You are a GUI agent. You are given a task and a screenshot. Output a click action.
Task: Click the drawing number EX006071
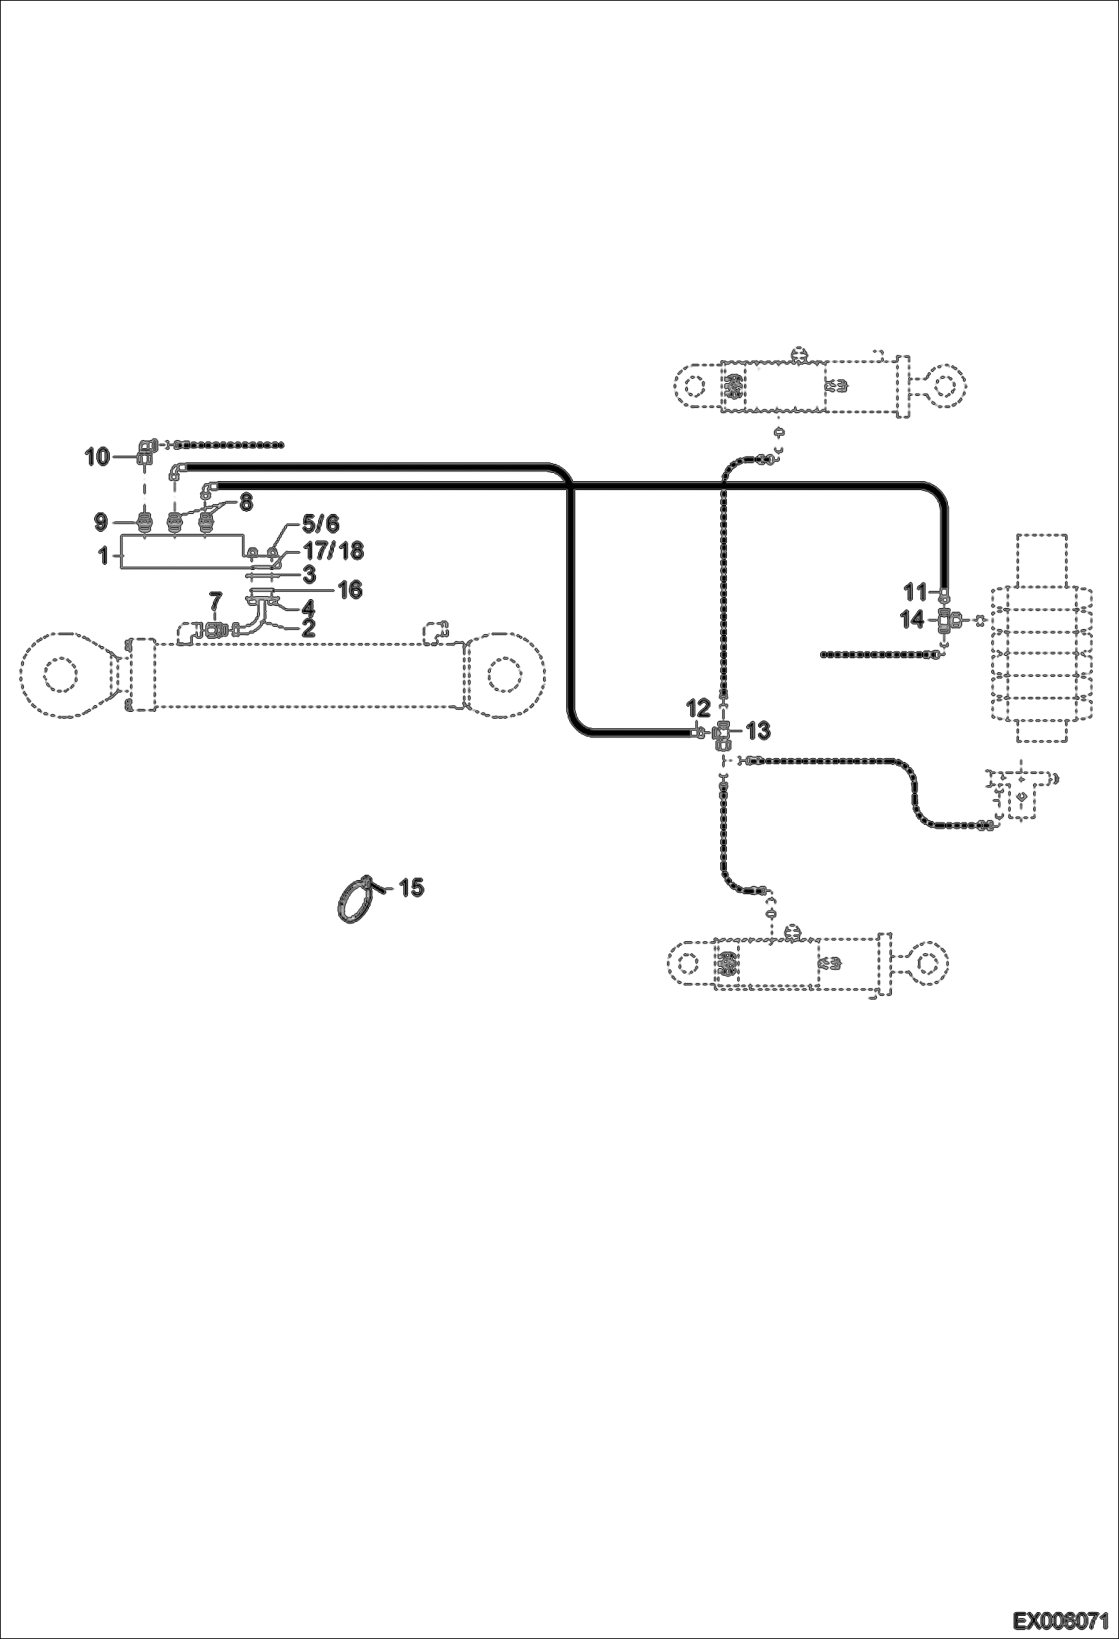pyautogui.click(x=1060, y=1620)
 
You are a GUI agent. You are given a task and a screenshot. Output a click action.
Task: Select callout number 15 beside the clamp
pyautogui.click(x=411, y=887)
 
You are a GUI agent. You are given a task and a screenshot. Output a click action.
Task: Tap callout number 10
pyautogui.click(x=97, y=456)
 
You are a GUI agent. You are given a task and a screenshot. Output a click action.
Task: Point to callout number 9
pyautogui.click(x=102, y=521)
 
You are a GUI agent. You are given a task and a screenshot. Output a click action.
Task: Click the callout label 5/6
pyautogui.click(x=320, y=522)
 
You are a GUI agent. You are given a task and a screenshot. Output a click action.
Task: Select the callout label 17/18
pyautogui.click(x=333, y=551)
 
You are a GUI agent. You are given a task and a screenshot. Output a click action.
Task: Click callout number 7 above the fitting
pyautogui.click(x=215, y=599)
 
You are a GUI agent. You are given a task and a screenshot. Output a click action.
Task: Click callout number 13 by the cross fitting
pyautogui.click(x=758, y=730)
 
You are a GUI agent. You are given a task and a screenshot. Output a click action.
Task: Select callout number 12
pyautogui.click(x=698, y=707)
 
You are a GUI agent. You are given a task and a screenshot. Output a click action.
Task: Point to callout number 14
pyautogui.click(x=913, y=619)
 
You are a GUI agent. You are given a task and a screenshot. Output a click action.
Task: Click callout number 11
pyautogui.click(x=915, y=592)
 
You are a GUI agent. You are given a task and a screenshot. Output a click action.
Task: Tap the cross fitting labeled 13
pyautogui.click(x=722, y=734)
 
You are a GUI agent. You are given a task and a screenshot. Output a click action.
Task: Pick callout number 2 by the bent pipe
pyautogui.click(x=308, y=627)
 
